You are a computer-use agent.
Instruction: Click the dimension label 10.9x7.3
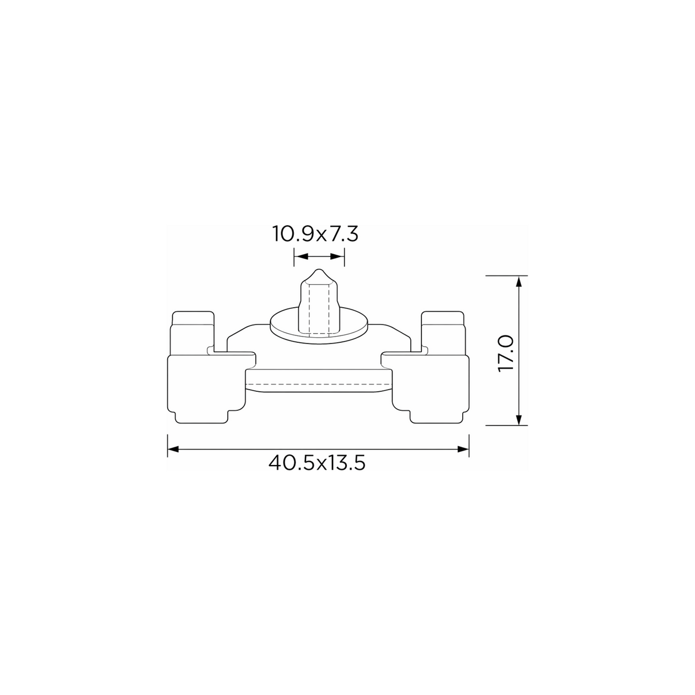point(315,234)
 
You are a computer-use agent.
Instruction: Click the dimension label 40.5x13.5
point(317,463)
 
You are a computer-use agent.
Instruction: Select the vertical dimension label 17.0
point(505,354)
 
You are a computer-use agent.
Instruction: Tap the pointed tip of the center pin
point(319,269)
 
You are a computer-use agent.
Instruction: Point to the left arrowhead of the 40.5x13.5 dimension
point(173,449)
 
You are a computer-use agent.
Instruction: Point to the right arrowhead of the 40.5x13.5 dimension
point(463,449)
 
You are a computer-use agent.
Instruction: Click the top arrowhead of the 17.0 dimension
point(519,281)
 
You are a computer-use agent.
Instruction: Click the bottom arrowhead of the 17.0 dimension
point(519,420)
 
